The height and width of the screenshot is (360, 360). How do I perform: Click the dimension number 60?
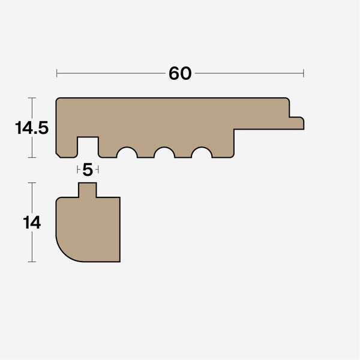coord(180,73)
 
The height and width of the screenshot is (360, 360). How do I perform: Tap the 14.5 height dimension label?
coord(32,128)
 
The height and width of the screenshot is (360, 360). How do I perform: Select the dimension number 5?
coord(88,170)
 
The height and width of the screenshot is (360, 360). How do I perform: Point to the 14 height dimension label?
coord(32,223)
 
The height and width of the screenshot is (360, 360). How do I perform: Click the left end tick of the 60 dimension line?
coord(56,73)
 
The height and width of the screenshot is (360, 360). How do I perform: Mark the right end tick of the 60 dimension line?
coord(304,73)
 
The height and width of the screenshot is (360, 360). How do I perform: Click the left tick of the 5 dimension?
coord(78,170)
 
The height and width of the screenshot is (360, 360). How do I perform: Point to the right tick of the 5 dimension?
coord(98,170)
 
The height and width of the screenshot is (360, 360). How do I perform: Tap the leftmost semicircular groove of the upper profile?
coord(127,153)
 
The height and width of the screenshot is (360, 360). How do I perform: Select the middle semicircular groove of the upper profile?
coord(164,153)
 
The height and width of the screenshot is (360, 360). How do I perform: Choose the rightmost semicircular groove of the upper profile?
coord(202,153)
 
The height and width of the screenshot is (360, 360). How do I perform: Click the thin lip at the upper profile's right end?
coord(296,123)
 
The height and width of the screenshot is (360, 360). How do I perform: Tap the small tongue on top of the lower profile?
coord(88,190)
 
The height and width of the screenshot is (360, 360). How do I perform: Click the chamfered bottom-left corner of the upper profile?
coord(58,155)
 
